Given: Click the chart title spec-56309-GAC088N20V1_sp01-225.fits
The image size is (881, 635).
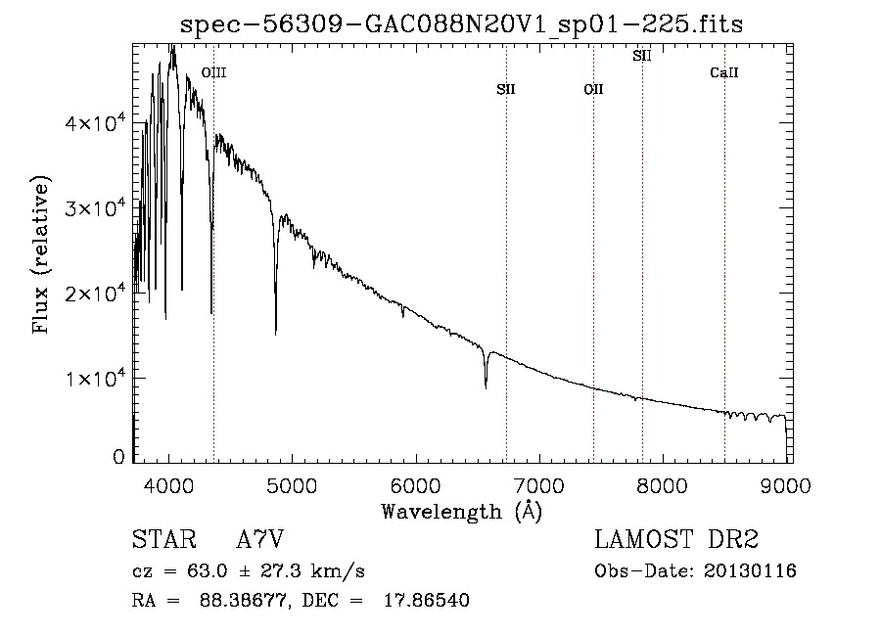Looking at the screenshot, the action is [x=461, y=25].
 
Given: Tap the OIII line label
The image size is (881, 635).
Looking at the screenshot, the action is [x=214, y=72].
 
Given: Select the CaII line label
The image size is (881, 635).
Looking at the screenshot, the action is [x=724, y=72].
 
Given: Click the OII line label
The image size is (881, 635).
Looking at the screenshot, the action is [x=593, y=89].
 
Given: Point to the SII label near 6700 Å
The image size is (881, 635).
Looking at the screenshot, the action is [x=506, y=89].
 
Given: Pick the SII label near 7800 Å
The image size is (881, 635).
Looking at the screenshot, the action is [x=641, y=56].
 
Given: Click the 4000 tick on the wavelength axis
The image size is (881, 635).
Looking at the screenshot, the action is [x=168, y=485].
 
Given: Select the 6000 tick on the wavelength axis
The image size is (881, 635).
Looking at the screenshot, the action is [x=416, y=485].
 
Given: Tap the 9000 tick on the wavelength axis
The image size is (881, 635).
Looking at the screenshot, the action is [x=786, y=485].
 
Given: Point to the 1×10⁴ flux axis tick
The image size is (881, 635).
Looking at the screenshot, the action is [x=95, y=378].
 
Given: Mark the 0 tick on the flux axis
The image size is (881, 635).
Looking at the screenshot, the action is [x=118, y=457].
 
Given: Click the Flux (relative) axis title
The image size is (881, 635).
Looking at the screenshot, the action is [x=41, y=253].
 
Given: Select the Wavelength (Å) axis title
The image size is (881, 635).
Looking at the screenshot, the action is [x=462, y=512].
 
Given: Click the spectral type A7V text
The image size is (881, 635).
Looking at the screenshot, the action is [x=259, y=539].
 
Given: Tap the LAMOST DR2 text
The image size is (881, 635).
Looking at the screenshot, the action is [x=676, y=539].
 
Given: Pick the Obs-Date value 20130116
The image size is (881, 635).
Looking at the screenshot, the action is [x=750, y=571].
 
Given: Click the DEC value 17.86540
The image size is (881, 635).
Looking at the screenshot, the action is [x=427, y=600].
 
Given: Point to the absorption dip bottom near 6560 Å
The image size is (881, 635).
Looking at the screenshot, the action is [x=486, y=386].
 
